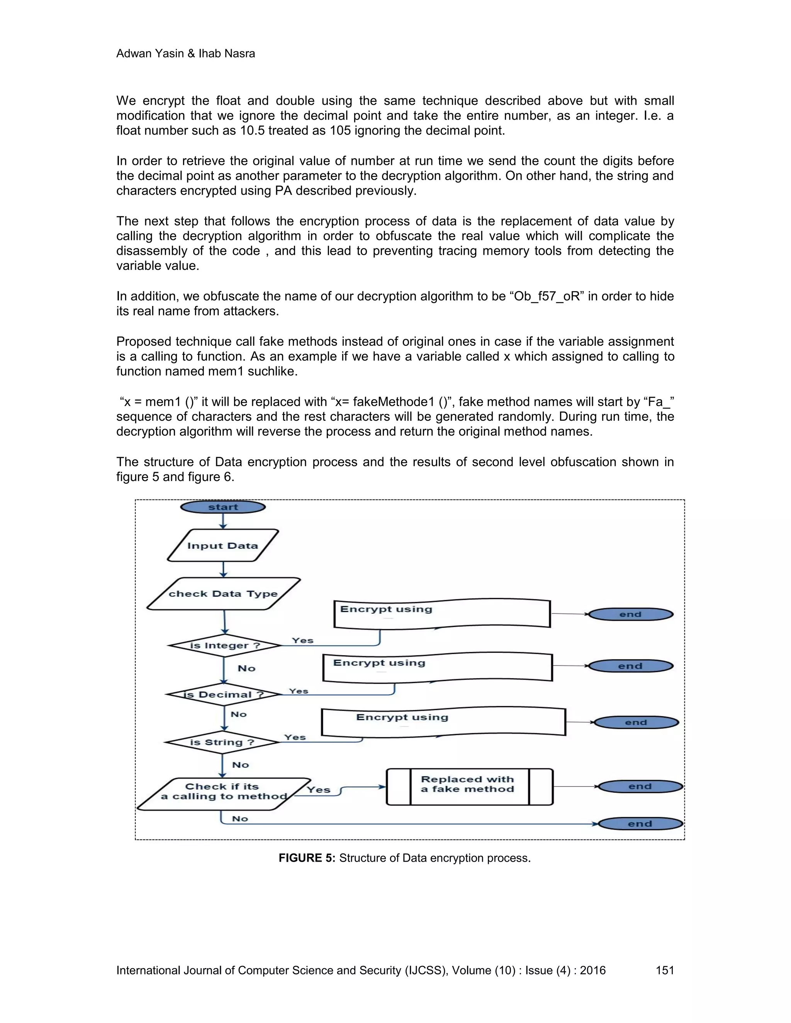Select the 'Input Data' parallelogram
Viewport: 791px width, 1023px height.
[x=222, y=546]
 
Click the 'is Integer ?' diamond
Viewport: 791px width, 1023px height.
[x=224, y=645]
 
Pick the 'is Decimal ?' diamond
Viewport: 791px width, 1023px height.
[x=224, y=694]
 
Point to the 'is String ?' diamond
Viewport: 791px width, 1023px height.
[x=222, y=742]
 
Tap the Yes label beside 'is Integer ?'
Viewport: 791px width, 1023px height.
[x=302, y=640]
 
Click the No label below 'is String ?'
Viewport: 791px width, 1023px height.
[x=240, y=765]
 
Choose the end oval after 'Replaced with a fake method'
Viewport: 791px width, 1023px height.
[x=640, y=786]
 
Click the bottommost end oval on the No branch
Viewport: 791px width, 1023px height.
[x=640, y=824]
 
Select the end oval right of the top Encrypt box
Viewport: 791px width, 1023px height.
[x=630, y=615]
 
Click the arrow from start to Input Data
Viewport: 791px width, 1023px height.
[x=223, y=521]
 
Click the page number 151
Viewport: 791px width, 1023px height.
[x=664, y=970]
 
